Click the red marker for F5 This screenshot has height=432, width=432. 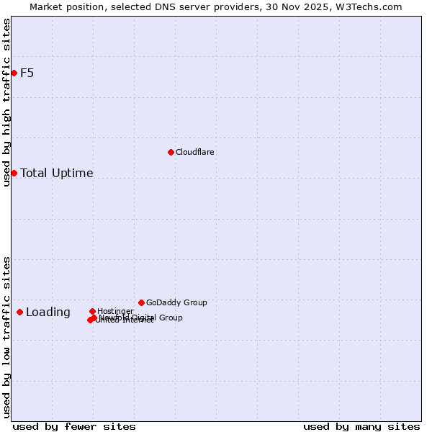point(14,73)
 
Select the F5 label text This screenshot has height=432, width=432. point(27,73)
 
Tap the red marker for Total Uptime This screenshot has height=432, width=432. point(14,173)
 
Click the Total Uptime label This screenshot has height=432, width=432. point(57,173)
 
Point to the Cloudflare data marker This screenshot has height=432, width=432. point(171,152)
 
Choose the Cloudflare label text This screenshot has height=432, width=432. point(195,152)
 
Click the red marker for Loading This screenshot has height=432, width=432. point(19,312)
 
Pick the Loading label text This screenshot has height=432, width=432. point(48,312)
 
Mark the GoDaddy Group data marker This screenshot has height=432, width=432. point(141,302)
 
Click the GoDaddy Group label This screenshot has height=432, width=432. point(176,302)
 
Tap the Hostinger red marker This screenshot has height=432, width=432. point(92,311)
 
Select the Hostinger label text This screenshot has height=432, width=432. point(115,311)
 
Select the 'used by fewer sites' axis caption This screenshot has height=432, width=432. point(74,426)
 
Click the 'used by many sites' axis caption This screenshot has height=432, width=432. point(361,426)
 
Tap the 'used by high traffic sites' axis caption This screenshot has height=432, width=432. point(6,102)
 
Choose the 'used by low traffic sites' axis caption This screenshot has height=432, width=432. point(6,336)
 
